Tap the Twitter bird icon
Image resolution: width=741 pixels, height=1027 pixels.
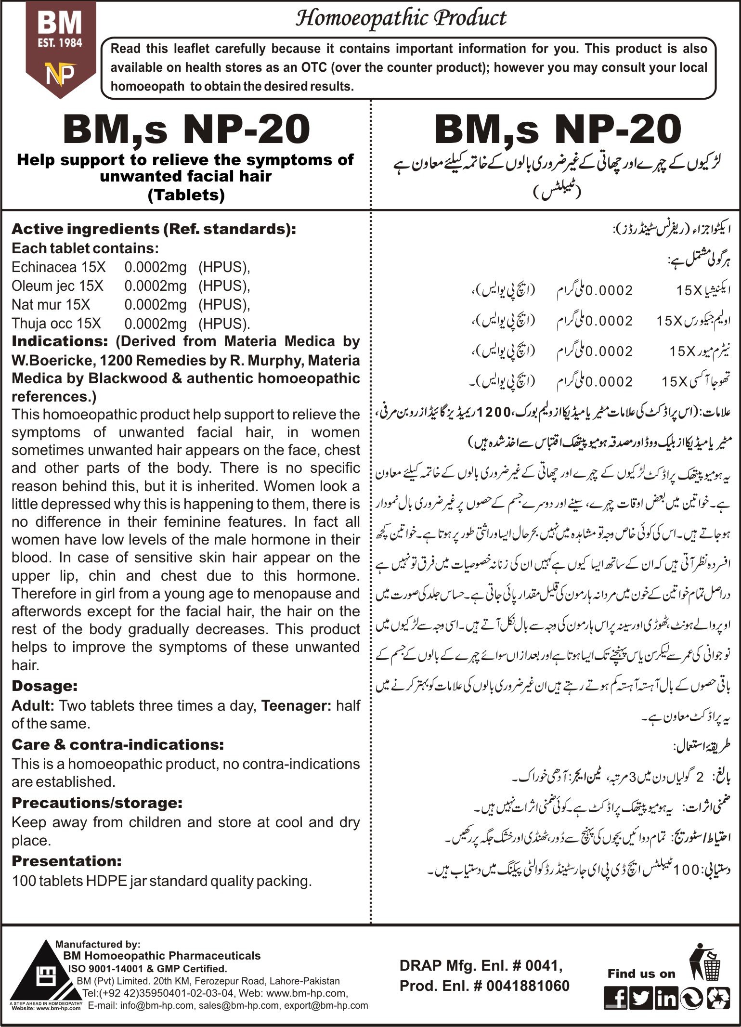[641, 999]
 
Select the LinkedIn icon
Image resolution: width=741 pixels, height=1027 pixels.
[666, 999]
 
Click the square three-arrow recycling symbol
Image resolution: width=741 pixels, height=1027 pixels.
[717, 999]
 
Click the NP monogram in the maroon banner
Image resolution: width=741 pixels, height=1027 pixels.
[60, 74]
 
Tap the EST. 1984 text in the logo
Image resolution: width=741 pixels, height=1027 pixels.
[60, 43]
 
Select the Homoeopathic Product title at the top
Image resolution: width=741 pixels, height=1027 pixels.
[401, 19]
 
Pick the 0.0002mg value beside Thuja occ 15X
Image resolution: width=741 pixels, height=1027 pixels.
[155, 324]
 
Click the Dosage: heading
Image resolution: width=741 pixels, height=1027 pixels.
[44, 686]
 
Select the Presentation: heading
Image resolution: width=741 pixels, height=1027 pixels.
[66, 860]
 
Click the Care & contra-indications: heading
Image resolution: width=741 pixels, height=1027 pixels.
[117, 744]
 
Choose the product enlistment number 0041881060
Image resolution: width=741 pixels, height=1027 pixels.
[528, 986]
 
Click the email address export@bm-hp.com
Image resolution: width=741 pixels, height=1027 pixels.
[326, 1005]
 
